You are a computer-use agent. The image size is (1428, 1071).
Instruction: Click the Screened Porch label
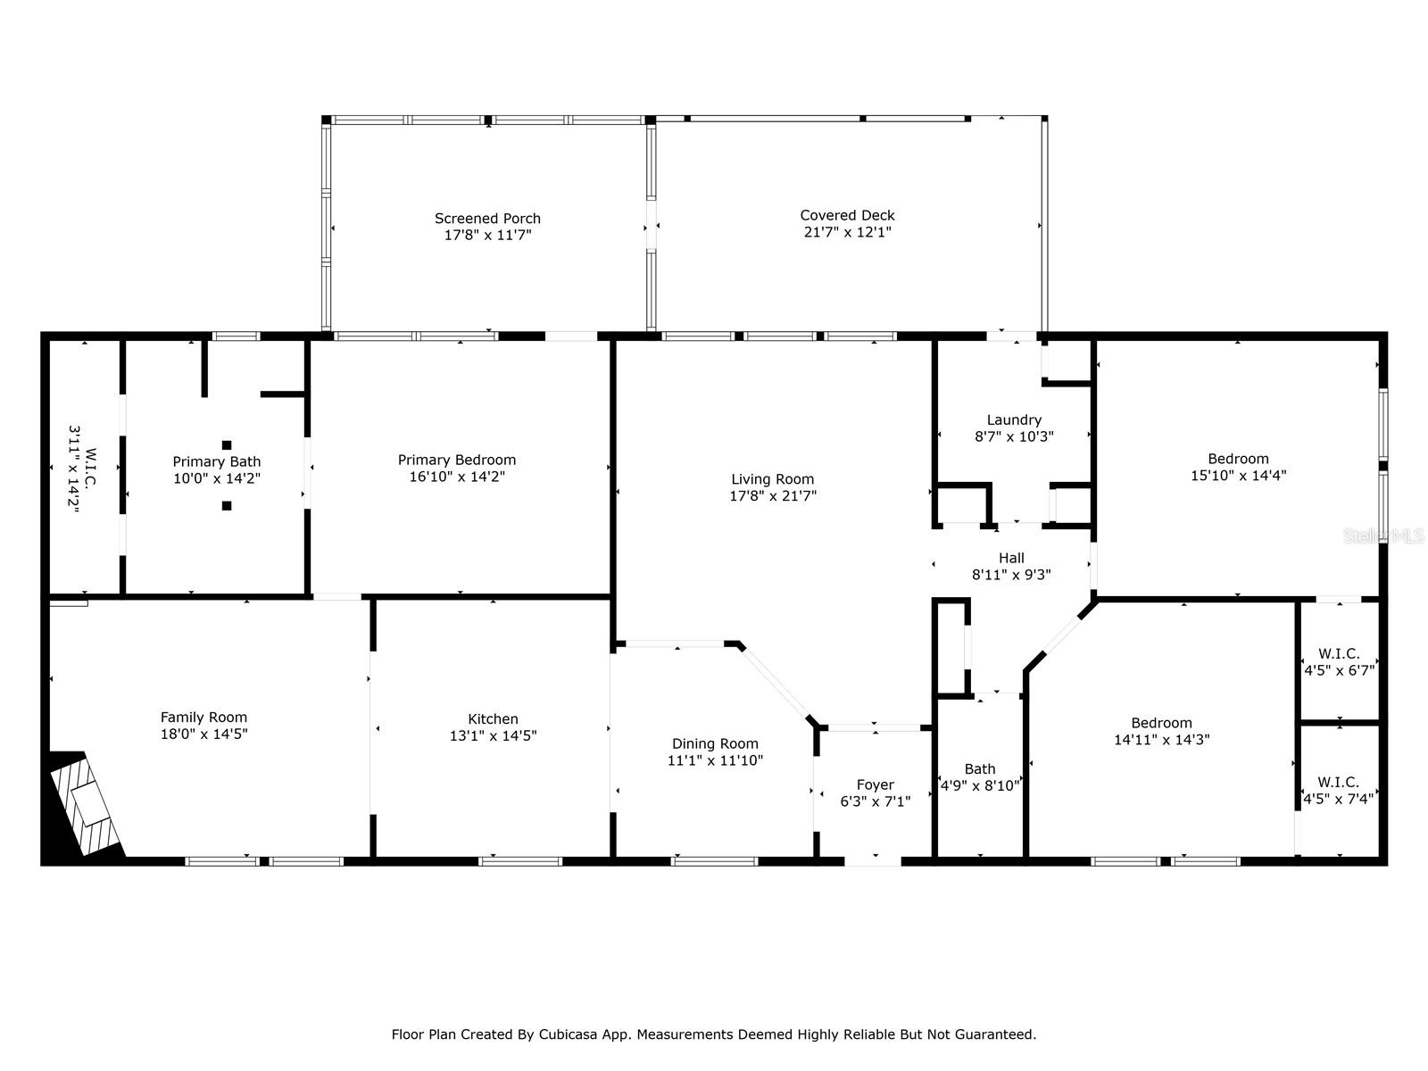click(x=487, y=219)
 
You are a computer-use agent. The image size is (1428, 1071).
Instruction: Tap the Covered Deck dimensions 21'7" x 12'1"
click(x=847, y=232)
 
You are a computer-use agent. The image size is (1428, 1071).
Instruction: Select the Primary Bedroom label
click(x=456, y=461)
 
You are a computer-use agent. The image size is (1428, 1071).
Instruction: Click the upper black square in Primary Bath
click(x=227, y=445)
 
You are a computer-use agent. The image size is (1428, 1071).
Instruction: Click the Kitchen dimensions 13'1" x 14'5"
click(x=493, y=736)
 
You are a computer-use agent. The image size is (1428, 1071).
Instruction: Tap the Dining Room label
click(x=715, y=743)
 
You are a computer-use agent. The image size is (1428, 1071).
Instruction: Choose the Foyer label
click(x=875, y=785)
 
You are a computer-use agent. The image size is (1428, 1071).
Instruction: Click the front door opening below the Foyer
click(x=873, y=861)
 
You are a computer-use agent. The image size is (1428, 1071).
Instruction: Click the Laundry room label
click(x=1014, y=420)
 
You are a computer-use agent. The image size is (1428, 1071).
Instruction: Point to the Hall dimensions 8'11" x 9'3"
click(x=1011, y=576)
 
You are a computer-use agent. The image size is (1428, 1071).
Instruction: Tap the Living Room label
click(x=772, y=479)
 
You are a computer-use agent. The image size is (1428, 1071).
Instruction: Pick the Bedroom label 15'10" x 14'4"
click(x=1238, y=460)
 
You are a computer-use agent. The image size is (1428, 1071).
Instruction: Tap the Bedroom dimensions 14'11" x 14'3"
click(x=1161, y=740)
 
